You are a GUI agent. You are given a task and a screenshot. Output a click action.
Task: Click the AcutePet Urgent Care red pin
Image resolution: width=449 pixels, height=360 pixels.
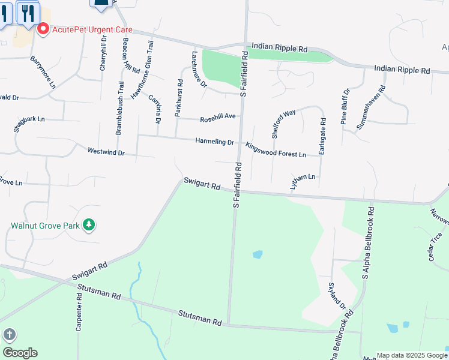(x=43, y=29)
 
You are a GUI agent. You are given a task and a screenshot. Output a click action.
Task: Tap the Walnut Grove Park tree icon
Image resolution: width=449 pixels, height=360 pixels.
(x=89, y=224)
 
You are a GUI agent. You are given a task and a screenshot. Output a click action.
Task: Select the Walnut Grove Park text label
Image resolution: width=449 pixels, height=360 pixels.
(x=45, y=226)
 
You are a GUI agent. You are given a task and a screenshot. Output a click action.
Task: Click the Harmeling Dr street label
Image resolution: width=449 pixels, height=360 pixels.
(x=214, y=142)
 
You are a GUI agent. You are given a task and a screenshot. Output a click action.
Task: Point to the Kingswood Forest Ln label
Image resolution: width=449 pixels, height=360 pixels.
(x=276, y=149)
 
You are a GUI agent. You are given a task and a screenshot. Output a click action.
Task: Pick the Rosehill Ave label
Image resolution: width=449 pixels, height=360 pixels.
(x=217, y=118)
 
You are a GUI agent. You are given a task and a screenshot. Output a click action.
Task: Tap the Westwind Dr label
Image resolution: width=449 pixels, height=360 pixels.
(x=106, y=152)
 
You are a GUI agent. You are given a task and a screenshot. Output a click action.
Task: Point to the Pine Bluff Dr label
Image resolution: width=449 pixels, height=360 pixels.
(x=345, y=107)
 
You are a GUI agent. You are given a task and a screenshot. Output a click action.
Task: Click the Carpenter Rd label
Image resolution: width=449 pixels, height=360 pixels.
(x=79, y=313)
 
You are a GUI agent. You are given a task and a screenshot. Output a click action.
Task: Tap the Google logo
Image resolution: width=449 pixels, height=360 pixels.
(x=20, y=353)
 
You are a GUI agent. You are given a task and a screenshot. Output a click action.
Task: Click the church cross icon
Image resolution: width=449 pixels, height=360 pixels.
(x=9, y=334)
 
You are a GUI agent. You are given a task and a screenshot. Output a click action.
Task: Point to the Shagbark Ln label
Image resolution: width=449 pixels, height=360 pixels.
(x=29, y=120)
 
